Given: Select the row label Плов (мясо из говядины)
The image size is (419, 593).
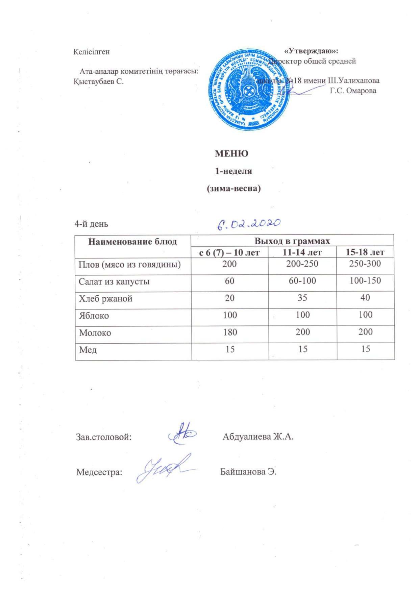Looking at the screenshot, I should point(129,264).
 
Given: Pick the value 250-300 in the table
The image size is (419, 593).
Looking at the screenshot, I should point(365,264).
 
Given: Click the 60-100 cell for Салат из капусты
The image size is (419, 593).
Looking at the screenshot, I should point(302,281).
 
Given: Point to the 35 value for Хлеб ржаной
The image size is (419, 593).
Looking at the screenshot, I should point(302,298).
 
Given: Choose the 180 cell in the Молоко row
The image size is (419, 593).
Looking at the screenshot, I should point(230,332).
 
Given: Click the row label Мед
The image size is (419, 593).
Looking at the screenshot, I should point(88,350).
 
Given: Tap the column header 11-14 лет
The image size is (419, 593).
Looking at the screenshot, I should point(302,252).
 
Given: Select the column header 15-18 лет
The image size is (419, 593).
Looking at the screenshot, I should point(365,252).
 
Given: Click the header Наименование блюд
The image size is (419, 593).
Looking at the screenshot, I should point(132,242).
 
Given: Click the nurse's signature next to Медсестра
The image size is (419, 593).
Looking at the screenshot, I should point(162,469).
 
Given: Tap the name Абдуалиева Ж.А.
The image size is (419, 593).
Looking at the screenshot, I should point(258,437).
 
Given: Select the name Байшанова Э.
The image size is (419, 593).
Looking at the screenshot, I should point(248,472).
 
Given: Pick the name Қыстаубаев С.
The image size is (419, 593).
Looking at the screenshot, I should point(99,81).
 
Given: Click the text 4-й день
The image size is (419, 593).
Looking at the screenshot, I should point(91,224).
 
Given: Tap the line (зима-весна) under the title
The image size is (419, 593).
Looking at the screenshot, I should point(233,189).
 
